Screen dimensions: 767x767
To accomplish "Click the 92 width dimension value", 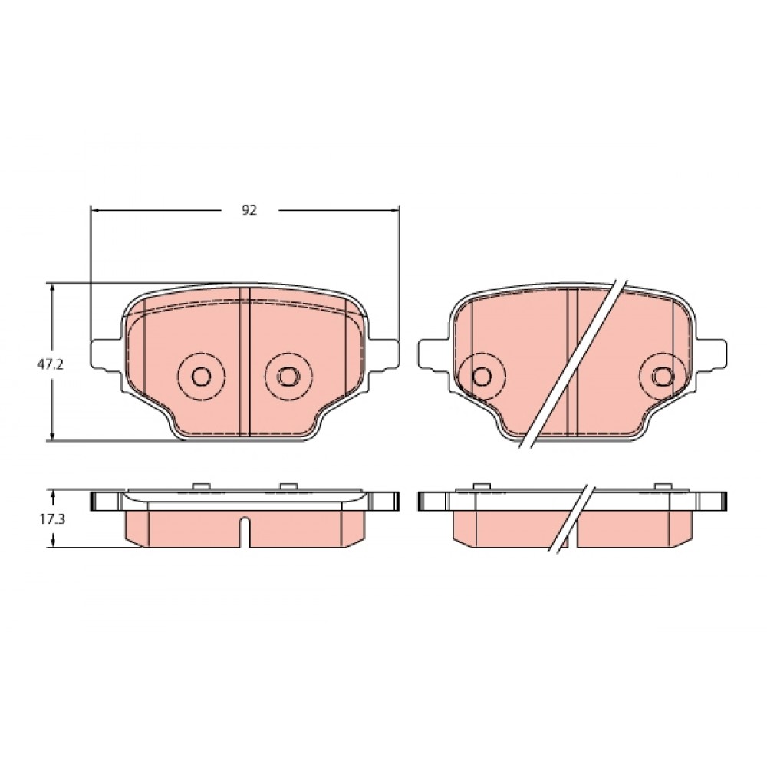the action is [249, 210].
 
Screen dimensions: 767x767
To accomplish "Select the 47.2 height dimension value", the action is [51, 364].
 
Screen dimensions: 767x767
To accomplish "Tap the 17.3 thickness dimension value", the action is [52, 519].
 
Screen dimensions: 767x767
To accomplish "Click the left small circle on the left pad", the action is [201, 376].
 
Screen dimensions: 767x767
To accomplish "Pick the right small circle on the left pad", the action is [287, 376].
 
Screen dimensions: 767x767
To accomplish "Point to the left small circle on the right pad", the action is [482, 376].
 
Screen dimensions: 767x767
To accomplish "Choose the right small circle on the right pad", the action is [663, 376].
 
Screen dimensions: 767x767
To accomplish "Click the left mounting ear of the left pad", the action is [105, 354].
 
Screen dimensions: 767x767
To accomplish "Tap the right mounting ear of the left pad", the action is [384, 354].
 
